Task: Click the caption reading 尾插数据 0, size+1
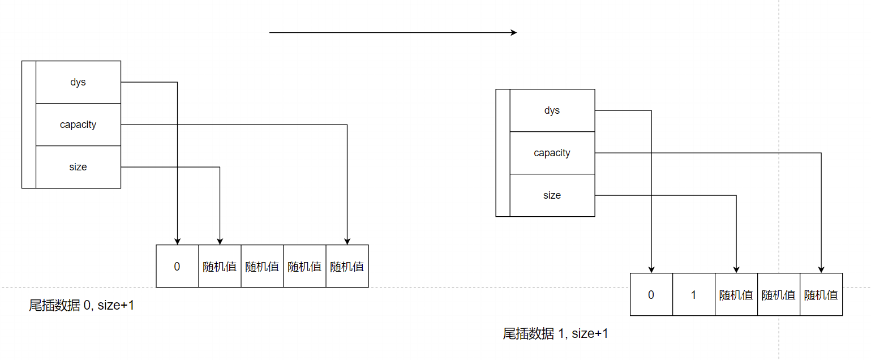point(81,306)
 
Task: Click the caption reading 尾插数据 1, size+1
point(555,334)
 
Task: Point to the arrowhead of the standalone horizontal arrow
point(514,33)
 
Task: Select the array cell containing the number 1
point(694,294)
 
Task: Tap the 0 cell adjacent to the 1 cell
point(651,294)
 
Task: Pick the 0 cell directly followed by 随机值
point(177,266)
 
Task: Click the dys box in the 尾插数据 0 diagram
point(78,82)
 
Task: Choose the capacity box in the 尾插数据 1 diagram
point(552,153)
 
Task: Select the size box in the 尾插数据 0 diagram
point(78,167)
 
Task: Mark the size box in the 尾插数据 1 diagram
point(552,195)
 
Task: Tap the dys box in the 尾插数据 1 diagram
point(552,110)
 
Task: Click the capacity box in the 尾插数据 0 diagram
point(78,125)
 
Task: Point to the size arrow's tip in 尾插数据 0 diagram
point(220,242)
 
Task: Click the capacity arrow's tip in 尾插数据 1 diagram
point(821,270)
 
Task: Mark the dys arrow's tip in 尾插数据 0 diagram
point(177,242)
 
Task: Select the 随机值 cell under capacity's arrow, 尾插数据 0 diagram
point(347,266)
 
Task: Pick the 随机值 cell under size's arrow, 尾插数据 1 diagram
point(736,294)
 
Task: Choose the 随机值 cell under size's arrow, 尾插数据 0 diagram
point(220,266)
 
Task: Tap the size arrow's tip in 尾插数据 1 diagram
point(736,270)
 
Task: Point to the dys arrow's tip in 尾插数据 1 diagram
point(651,270)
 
